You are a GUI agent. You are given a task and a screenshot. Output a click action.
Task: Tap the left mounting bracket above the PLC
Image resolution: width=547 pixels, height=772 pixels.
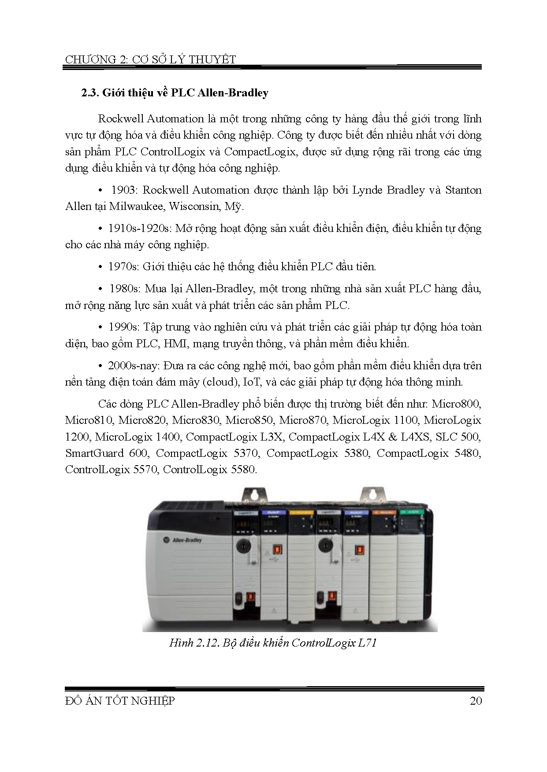(253, 494)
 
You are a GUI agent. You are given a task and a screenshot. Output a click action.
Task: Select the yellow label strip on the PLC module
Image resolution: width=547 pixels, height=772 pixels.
(302, 513)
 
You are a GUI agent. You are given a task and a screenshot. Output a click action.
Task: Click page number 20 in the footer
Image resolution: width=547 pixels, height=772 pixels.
(476, 701)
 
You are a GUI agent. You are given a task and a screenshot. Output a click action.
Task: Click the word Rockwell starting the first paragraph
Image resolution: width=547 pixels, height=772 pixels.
(120, 119)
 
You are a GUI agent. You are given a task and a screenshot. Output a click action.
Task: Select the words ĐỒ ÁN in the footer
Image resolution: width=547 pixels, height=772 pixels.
(84, 701)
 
